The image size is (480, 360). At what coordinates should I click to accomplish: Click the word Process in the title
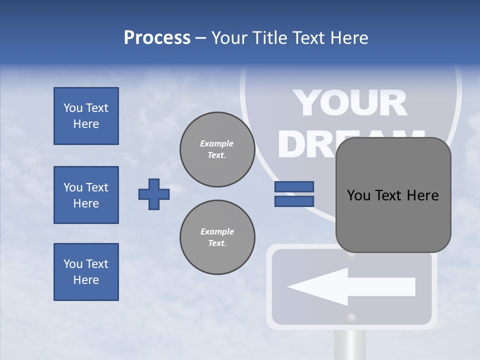(157, 38)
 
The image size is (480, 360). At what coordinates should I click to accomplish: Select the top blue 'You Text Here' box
(86, 116)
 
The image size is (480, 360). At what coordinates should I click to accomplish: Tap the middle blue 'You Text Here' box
(86, 195)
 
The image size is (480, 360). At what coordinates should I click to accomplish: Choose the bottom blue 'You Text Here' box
(86, 272)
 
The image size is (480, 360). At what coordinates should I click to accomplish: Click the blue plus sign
(154, 194)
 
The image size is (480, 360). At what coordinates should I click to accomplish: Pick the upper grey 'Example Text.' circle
(217, 149)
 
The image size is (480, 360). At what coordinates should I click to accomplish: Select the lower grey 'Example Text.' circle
(217, 237)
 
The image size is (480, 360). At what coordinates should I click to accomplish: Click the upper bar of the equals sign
(294, 187)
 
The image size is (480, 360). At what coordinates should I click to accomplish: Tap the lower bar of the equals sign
(294, 201)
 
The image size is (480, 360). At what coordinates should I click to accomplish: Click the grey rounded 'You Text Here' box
(393, 195)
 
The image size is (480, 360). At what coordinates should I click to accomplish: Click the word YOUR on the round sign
(349, 103)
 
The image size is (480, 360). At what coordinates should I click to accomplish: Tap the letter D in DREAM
(293, 143)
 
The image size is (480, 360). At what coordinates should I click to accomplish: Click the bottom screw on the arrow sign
(351, 317)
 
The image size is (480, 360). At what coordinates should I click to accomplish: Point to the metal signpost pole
(349, 345)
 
